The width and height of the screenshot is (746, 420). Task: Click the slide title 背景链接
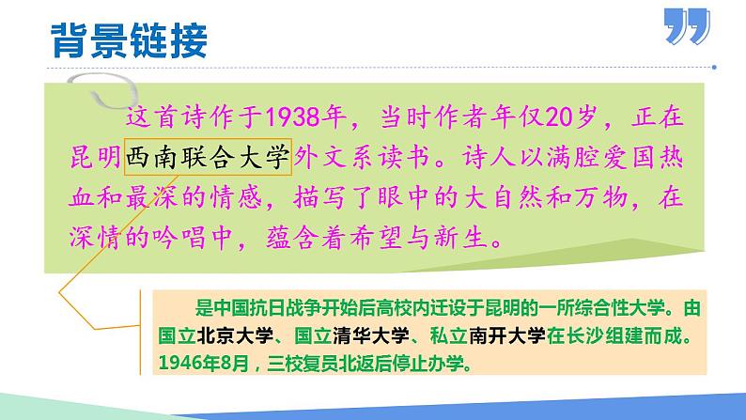point(128,40)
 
